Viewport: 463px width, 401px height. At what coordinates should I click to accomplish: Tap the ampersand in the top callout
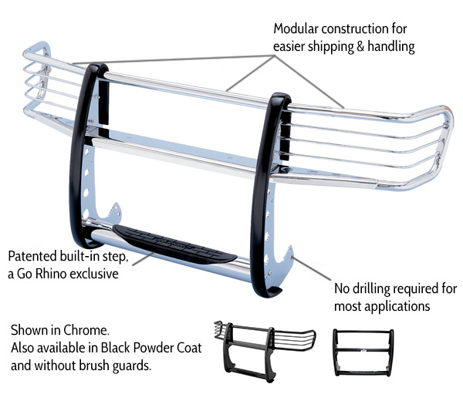point(365,46)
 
